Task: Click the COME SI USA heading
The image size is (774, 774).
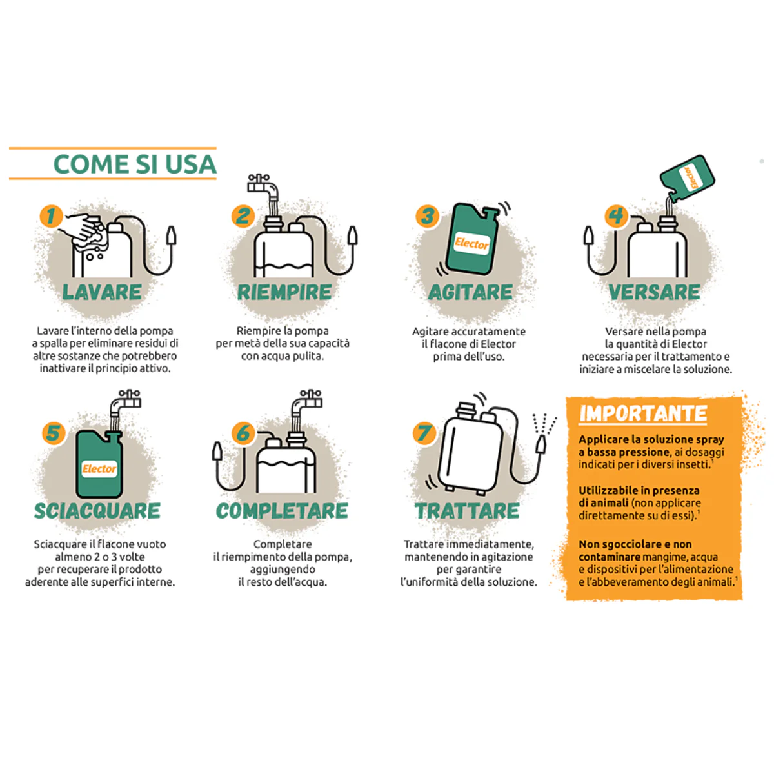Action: pos(135,164)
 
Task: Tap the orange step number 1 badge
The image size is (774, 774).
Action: pos(51,216)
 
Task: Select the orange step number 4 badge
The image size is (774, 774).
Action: pos(616,216)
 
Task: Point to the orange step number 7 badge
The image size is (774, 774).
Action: pos(424,433)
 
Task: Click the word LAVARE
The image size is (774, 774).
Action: pos(102,292)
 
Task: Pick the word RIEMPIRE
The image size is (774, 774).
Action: pos(284,292)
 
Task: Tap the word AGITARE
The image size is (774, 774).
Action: pos(470,292)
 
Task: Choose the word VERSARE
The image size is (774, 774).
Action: pos(654,292)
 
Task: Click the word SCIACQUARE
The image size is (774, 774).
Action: pos(97,511)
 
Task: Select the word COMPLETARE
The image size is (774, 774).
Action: pos(282,511)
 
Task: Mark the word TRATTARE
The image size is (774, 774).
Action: pos(467,511)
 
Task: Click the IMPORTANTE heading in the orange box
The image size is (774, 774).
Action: pos(643,414)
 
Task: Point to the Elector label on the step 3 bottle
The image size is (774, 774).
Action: pos(471,243)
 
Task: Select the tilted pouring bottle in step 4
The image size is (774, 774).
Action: pos(686,179)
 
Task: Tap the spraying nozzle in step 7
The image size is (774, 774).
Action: pos(542,444)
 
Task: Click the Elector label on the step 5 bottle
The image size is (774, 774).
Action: pos(99,469)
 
